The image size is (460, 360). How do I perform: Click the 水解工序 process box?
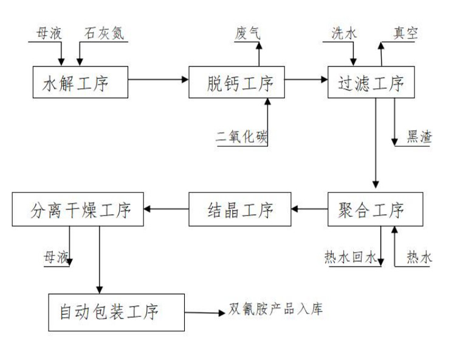click(80, 82)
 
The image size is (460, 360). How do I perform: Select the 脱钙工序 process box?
click(236, 82)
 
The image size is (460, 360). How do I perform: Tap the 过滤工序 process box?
click(371, 82)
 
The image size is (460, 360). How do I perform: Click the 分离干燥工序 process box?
click(78, 211)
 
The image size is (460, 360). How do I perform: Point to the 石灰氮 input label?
click(104, 33)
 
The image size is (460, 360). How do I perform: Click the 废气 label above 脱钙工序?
click(247, 33)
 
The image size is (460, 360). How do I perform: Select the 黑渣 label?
click(419, 137)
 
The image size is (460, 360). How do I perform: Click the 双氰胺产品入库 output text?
click(275, 309)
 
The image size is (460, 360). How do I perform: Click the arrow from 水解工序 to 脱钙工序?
click(158, 80)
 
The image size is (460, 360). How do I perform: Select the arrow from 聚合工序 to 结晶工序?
click(309, 209)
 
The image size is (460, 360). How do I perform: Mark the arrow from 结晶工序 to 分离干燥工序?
click(166, 209)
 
